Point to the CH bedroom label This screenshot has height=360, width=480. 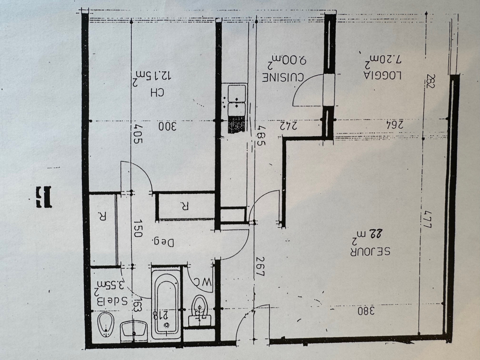click(x=158, y=93)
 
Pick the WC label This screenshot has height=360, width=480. click(x=204, y=282)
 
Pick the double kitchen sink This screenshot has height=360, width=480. click(x=237, y=100)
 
